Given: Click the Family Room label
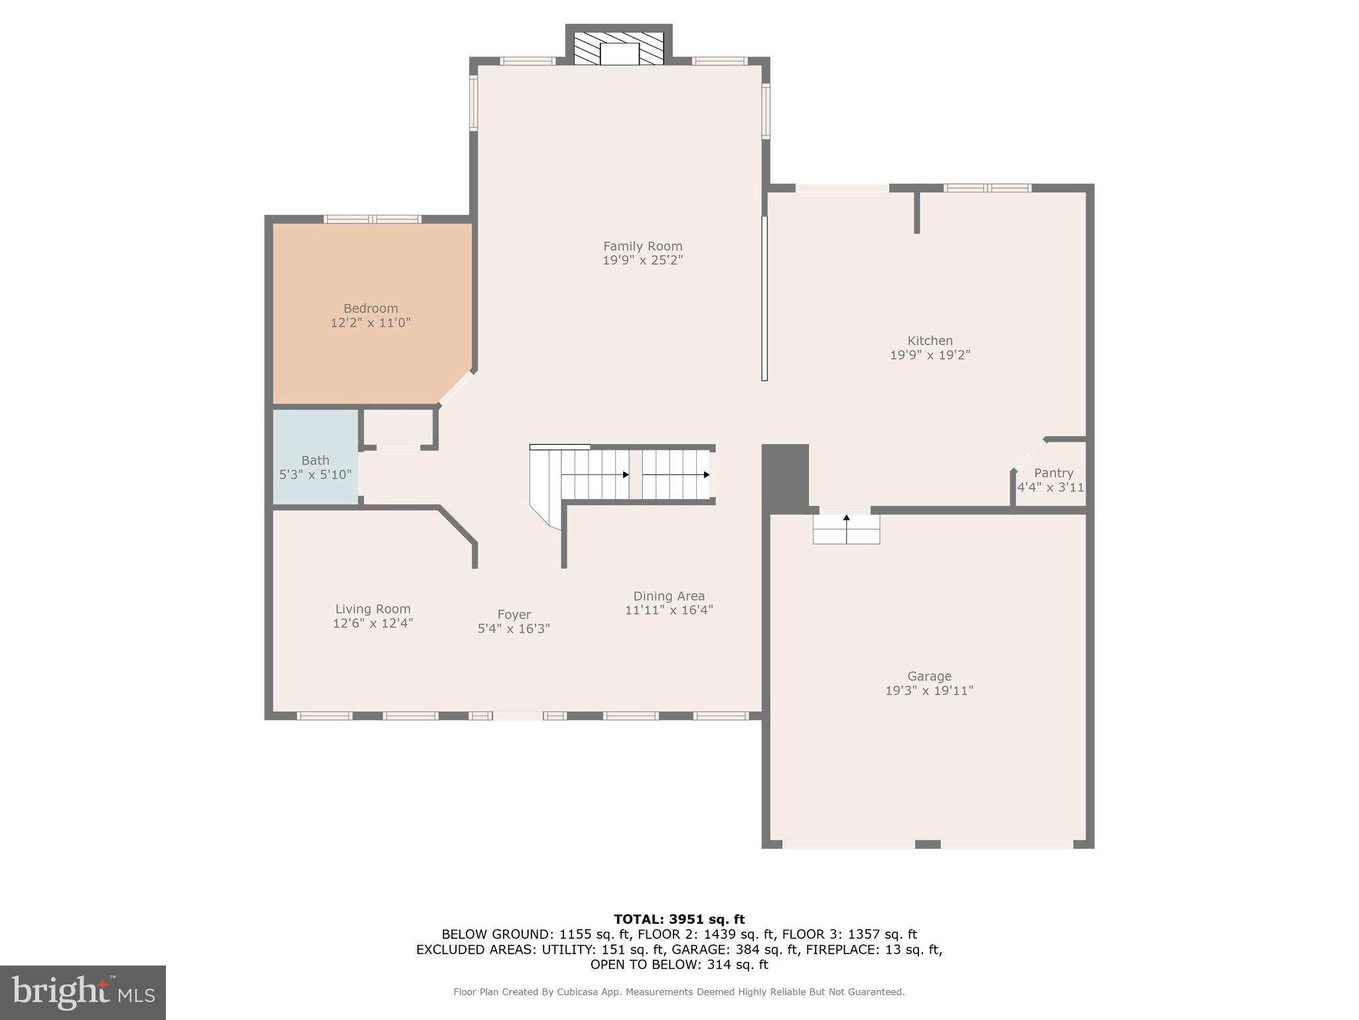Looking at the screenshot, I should click(x=642, y=246).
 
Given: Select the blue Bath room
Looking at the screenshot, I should click(x=315, y=458).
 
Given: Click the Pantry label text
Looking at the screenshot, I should click(x=1053, y=473).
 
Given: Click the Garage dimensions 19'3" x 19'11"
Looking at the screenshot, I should click(x=929, y=691).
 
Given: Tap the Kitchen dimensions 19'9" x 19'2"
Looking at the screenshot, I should click(x=930, y=355).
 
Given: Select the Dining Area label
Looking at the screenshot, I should click(x=669, y=596).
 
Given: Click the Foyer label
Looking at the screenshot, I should click(x=514, y=614).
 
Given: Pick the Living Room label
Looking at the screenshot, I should click(x=372, y=608).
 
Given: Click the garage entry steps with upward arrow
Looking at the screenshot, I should click(x=846, y=529).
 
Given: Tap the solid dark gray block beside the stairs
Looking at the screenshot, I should click(x=785, y=475).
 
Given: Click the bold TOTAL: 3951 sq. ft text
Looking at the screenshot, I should click(x=679, y=919).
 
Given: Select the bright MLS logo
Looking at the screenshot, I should click(x=82, y=992).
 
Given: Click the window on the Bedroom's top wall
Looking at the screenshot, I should click(x=372, y=219).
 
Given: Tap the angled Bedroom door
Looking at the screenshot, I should click(x=457, y=387).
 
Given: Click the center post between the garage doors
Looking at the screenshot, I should click(x=928, y=844).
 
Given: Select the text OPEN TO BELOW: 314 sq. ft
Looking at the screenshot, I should click(x=679, y=965).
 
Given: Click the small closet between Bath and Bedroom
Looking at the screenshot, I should click(x=398, y=428).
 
